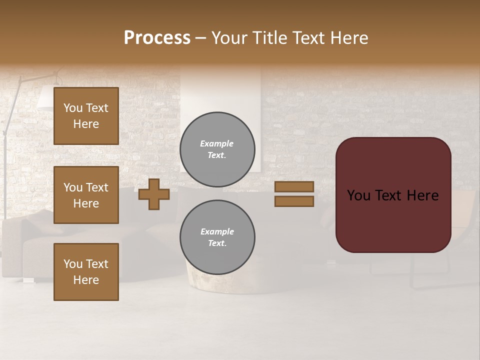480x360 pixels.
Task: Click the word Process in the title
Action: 157,38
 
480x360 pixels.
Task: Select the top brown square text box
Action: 86,116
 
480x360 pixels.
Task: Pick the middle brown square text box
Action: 86,195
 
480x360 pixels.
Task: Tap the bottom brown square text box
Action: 86,271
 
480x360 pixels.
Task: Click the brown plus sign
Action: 154,194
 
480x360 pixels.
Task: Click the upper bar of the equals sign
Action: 294,187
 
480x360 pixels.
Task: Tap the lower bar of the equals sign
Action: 294,201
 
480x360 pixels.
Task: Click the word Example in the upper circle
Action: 217,143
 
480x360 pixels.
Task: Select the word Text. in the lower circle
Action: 217,243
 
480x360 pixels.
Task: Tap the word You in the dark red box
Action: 358,195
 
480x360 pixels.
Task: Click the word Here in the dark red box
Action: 422,195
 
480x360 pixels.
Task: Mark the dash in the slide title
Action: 201,38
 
